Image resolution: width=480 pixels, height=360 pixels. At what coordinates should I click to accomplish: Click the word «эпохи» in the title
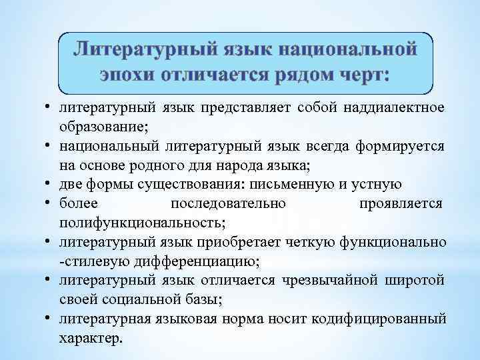(x=127, y=73)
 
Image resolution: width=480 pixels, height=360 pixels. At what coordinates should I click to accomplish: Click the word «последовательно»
(x=229, y=202)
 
